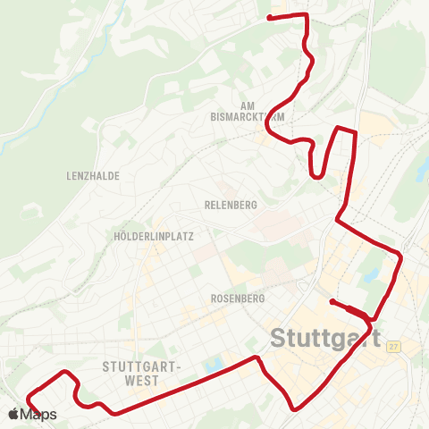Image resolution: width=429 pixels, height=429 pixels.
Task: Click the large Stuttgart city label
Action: pyautogui.click(x=324, y=340)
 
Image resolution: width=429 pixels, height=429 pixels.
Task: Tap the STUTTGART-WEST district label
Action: pyautogui.click(x=142, y=374)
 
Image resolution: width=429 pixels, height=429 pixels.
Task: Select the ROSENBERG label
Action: pyautogui.click(x=234, y=298)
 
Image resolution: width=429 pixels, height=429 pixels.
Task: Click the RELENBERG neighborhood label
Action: pyautogui.click(x=231, y=205)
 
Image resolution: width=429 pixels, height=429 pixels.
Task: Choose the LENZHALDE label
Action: pyautogui.click(x=93, y=176)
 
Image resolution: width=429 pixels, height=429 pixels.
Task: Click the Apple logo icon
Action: pyautogui.click(x=13, y=414)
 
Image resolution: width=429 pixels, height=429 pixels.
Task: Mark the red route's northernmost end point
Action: pyautogui.click(x=270, y=16)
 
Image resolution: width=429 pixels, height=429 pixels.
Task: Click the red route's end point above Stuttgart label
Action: pyautogui.click(x=332, y=301)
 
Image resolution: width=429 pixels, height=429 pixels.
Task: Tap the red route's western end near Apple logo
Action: pyautogui.click(x=29, y=396)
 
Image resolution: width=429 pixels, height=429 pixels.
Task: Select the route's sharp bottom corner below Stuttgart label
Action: pyautogui.click(x=294, y=409)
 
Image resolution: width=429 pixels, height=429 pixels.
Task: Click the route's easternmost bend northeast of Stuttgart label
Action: pyautogui.click(x=401, y=258)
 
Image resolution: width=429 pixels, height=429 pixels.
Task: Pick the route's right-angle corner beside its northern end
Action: pyautogui.click(x=307, y=15)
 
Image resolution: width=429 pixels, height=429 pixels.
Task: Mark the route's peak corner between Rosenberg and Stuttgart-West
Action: pyautogui.click(x=258, y=357)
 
